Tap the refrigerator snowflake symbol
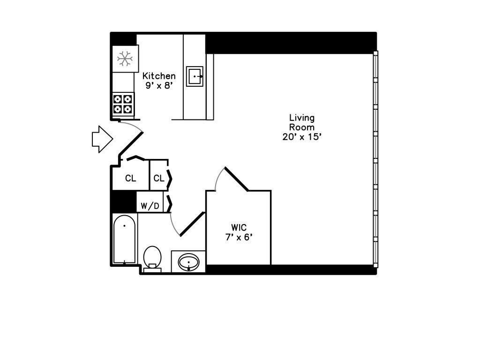tap(125, 59)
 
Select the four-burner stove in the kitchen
tap(123, 104)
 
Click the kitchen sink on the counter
tap(195, 76)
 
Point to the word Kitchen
tap(159, 76)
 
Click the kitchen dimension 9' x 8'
tap(159, 86)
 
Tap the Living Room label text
tap(301, 122)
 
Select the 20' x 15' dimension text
tap(301, 137)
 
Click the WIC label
tap(239, 228)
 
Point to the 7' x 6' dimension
tap(239, 237)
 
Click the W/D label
tap(150, 206)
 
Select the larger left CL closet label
tap(130, 179)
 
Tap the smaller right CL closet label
tap(159, 179)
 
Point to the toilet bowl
tap(152, 257)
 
